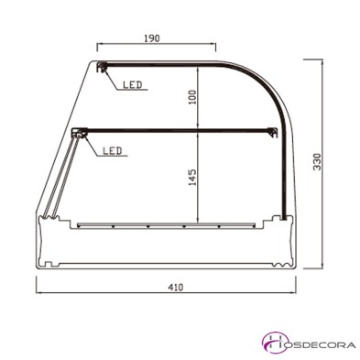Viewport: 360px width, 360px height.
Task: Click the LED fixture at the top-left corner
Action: pyautogui.click(x=104, y=67)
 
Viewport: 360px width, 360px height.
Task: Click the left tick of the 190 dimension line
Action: pyautogui.click(x=98, y=46)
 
